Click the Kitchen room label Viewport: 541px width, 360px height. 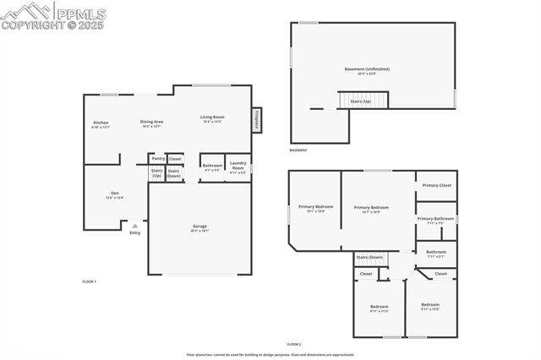tap(101, 123)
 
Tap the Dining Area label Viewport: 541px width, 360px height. tap(151, 123)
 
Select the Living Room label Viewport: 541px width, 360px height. tap(212, 117)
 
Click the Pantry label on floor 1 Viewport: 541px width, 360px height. tap(157, 158)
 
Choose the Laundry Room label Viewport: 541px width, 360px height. tap(238, 167)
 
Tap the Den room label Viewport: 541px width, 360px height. tap(115, 194)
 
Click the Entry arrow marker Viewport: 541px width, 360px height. tap(134, 226)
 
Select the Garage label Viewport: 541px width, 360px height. tap(200, 226)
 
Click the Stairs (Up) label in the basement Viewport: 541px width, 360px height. tap(360, 101)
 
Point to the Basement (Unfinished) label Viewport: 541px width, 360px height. tap(367, 69)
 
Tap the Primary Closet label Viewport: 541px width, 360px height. tap(437, 184)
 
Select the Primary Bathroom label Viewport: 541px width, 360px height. tap(435, 219)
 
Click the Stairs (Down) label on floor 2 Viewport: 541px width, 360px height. tap(369, 257)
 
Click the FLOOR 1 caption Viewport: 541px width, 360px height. tap(90, 281)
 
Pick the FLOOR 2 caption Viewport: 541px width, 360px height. tap(294, 344)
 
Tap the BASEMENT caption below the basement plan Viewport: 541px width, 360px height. tap(298, 150)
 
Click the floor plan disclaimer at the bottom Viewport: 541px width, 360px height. tap(270, 355)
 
